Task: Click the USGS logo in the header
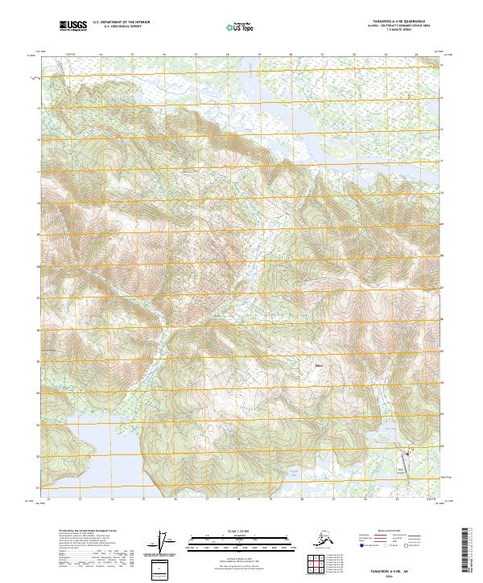[x=73, y=27]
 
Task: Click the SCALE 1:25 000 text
[x=238, y=529]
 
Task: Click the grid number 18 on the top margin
[x=227, y=55]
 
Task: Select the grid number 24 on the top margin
[x=416, y=55]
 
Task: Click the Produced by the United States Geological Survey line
[x=85, y=531]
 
